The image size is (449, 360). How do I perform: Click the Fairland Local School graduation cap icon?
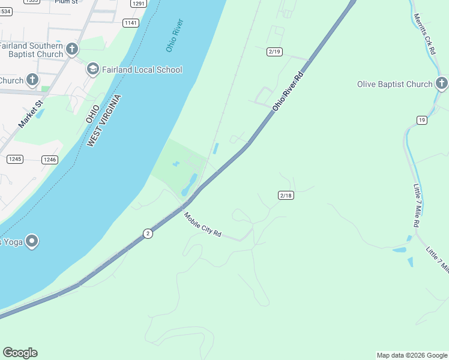coord(92,70)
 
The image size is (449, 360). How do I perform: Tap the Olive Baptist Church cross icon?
coord(442,84)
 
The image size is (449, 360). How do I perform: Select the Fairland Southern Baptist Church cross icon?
coord(72,49)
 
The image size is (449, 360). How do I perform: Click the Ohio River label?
coord(175,35)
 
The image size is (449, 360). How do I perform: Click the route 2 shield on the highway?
coord(148,233)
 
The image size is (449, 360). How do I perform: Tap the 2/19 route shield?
coord(275,52)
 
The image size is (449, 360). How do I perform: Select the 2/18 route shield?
coord(286,196)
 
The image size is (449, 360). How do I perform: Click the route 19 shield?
coord(422,121)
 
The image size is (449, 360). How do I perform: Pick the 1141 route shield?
coord(130,23)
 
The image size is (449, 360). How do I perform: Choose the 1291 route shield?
coord(139,4)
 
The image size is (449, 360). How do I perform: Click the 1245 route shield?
coord(15,159)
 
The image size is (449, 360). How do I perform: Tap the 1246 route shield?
coord(50,160)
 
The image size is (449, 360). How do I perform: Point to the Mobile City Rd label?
coord(203,225)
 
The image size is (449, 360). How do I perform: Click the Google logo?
coord(20,353)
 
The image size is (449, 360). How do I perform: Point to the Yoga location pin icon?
coord(32,241)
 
